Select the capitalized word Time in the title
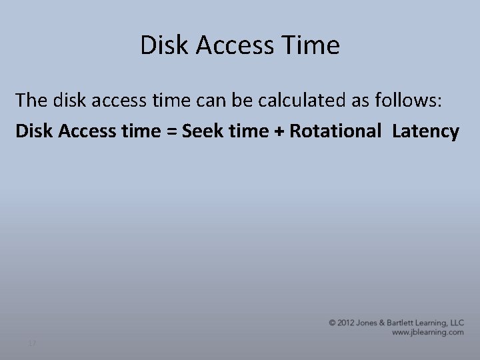[x=312, y=45]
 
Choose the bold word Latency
[x=425, y=131]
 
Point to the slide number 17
[x=31, y=343]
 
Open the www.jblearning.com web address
[x=427, y=332]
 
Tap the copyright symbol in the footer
[x=332, y=323]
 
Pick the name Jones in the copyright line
[x=370, y=323]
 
